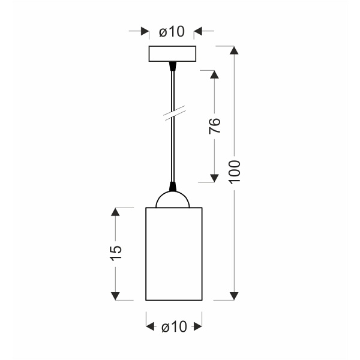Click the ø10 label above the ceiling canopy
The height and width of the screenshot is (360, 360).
(x=172, y=31)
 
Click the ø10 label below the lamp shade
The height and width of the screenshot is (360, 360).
(x=174, y=326)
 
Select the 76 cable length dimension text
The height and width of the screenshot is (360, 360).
(x=215, y=125)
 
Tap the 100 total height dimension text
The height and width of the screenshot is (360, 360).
(x=235, y=172)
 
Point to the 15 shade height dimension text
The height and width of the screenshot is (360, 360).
(x=115, y=253)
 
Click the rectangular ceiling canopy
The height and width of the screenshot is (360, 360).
(x=172, y=54)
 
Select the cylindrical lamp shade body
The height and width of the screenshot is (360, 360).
(x=174, y=254)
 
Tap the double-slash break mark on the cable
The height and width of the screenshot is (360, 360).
(x=175, y=113)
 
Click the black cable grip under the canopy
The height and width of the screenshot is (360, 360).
(x=173, y=66)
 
